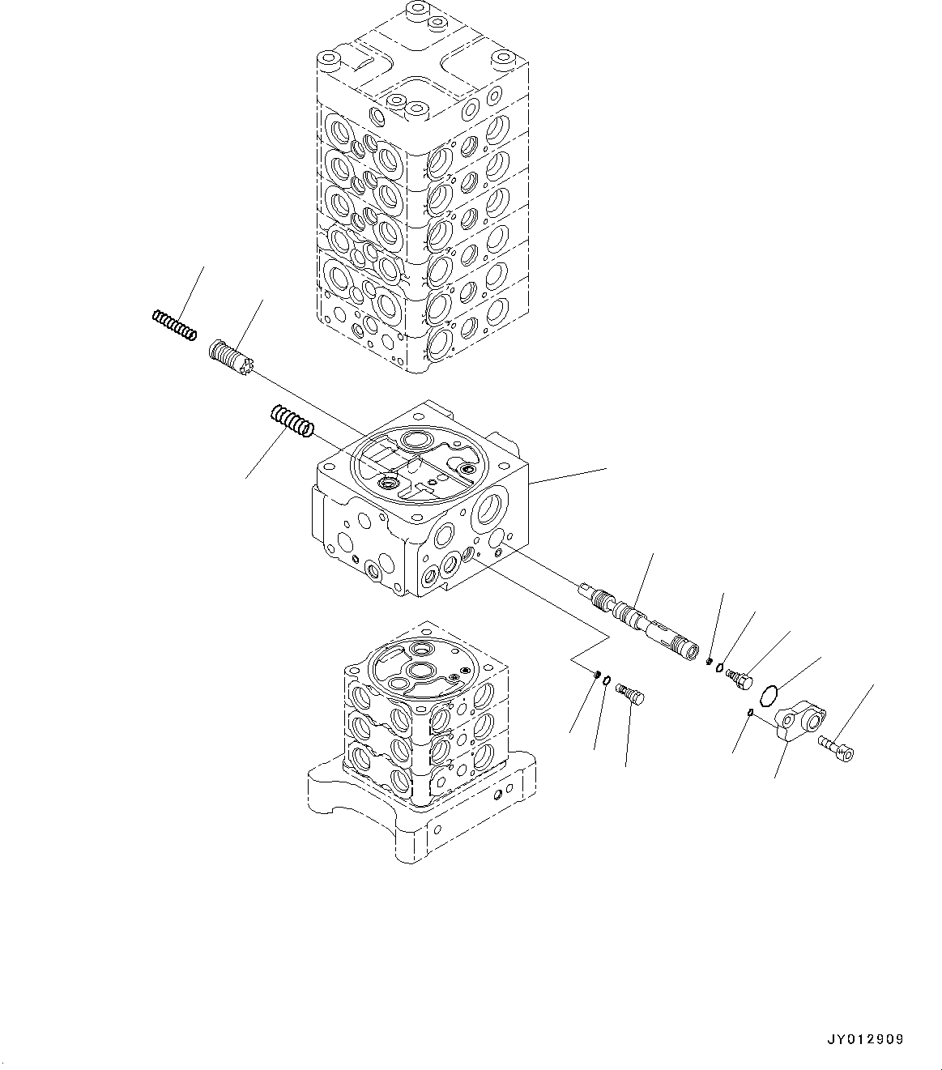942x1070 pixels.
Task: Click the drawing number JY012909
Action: tap(865, 1039)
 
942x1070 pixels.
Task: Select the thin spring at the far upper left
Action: tap(173, 325)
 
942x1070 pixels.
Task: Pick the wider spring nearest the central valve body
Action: tap(290, 422)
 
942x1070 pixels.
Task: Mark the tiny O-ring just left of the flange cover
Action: tap(751, 713)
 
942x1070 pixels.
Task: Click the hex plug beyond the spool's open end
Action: tap(739, 678)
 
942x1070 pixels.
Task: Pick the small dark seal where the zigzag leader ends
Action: tap(596, 673)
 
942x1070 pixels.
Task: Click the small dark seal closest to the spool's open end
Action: tap(709, 661)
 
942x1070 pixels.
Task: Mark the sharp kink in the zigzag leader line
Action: tap(607, 637)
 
